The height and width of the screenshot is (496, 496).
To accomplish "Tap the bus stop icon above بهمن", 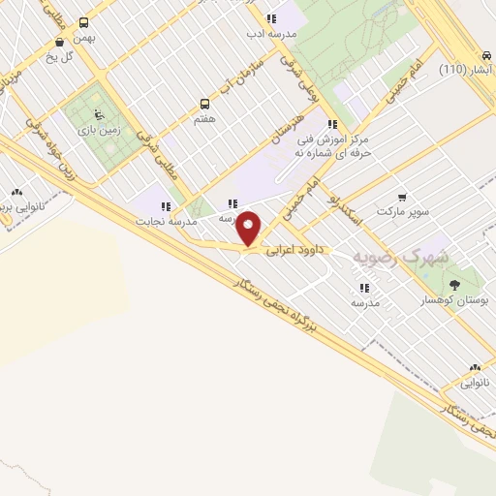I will [x=83, y=22].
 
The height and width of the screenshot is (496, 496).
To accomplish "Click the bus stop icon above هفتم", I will [x=204, y=103].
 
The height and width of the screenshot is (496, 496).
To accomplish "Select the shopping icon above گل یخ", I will [x=61, y=42].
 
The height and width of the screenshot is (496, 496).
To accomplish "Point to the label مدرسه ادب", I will [x=268, y=34].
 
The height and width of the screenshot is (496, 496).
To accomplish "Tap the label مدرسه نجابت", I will [x=170, y=221].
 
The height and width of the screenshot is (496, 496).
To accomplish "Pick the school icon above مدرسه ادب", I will [x=271, y=17].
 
